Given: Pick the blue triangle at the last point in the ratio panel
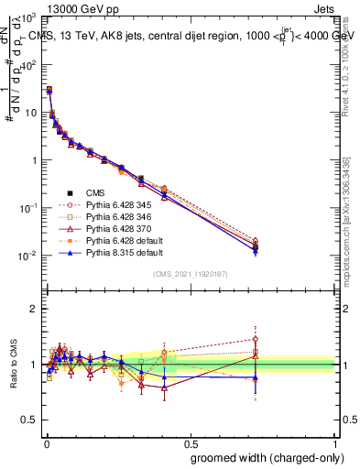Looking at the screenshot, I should [256, 377].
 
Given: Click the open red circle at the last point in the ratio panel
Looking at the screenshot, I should [256, 339].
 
